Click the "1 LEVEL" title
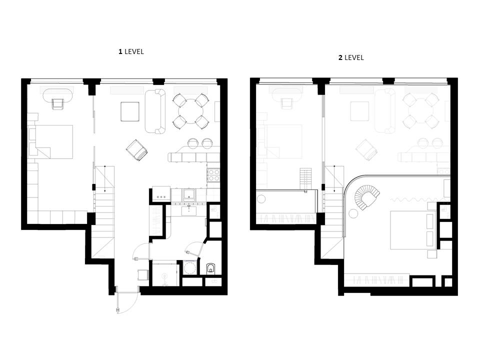131,51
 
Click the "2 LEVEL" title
351,57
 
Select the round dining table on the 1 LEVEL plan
191,111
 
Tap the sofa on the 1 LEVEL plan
155,111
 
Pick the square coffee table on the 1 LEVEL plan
130,111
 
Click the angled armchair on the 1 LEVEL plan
137,150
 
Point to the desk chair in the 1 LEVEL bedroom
58,104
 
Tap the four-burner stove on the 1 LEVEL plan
213,175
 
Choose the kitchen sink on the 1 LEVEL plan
189,194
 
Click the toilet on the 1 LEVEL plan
211,268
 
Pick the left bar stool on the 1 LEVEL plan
193,143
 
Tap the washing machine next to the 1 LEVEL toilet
190,268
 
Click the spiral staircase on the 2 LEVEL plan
366,197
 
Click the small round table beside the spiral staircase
353,213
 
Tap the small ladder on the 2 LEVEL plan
305,180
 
